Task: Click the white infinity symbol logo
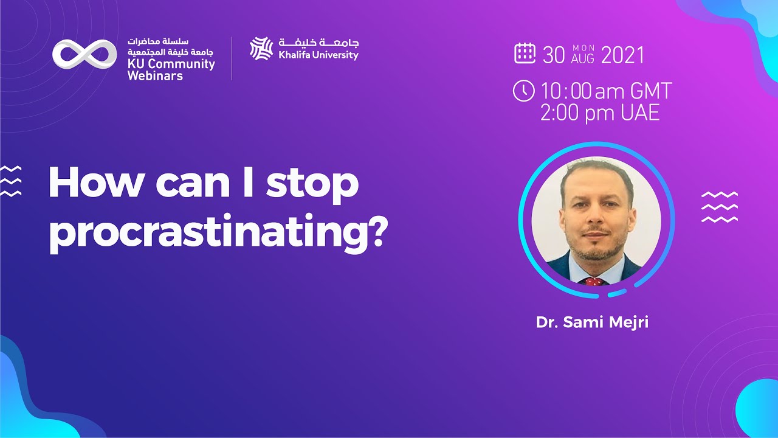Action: pyautogui.click(x=84, y=54)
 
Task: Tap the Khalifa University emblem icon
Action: pyautogui.click(x=261, y=48)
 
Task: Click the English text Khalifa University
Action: pyautogui.click(x=318, y=55)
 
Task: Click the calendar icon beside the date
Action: pyautogui.click(x=525, y=54)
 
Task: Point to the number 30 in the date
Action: pyautogui.click(x=554, y=55)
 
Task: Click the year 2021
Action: pyautogui.click(x=622, y=55)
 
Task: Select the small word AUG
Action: pyautogui.click(x=583, y=60)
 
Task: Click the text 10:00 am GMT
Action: pyautogui.click(x=605, y=92)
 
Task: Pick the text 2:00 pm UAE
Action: pyautogui.click(x=599, y=113)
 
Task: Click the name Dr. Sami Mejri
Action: pyautogui.click(x=592, y=322)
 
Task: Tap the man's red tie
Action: pyautogui.click(x=593, y=281)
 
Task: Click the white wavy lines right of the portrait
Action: pyautogui.click(x=719, y=206)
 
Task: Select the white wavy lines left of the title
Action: pyautogui.click(x=11, y=181)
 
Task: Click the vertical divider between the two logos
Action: pyautogui.click(x=232, y=58)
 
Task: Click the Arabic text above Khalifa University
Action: pyautogui.click(x=318, y=43)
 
